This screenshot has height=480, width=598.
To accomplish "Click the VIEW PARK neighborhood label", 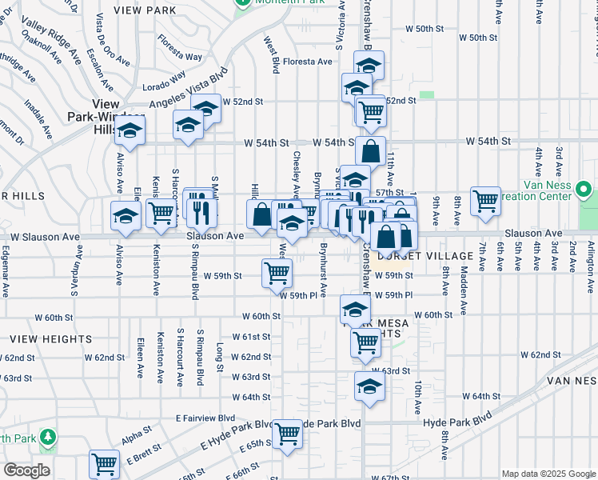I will pos(145,10).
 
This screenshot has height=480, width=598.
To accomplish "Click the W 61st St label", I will pos(252,337).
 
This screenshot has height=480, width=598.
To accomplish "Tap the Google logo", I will pos(26,470).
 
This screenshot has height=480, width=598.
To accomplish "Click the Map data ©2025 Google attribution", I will pos(548,474).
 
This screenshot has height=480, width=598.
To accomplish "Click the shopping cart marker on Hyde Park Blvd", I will pos(287,434).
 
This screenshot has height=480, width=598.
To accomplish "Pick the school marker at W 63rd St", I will pos(369,386).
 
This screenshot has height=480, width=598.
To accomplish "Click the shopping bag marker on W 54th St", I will pos(371,150).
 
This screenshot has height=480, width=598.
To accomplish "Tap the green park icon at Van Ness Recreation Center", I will pos(584,192).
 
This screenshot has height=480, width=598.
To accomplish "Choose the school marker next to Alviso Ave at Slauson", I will pos(126,216).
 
